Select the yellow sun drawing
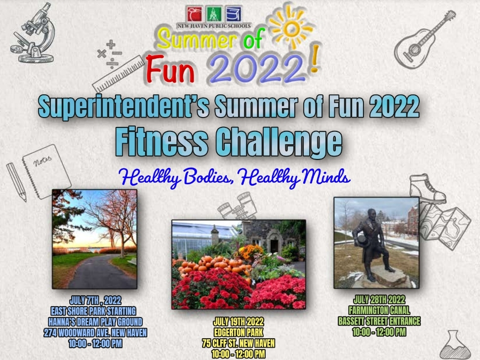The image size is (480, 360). pyautogui.click(x=291, y=28)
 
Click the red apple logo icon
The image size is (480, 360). pyautogui.click(x=194, y=14)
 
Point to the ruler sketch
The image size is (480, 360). pyautogui.click(x=118, y=74)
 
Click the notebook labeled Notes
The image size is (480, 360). pyautogui.click(x=46, y=171)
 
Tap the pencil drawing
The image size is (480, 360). pyautogui.click(x=16, y=182)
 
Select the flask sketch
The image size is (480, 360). pyautogui.click(x=455, y=345)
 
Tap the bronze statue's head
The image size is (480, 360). pyautogui.click(x=372, y=214)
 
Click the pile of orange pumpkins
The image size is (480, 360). pyautogui.click(x=214, y=265)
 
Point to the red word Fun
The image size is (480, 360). pyautogui.click(x=170, y=69)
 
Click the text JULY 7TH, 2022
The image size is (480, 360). pyautogui.click(x=95, y=300)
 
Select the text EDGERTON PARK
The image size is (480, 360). pyautogui.click(x=239, y=332)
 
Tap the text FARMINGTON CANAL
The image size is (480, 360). pyautogui.click(x=379, y=310)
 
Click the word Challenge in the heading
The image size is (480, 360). pyautogui.click(x=279, y=142)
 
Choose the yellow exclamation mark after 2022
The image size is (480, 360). pyautogui.click(x=315, y=59)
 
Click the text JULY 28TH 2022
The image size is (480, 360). pyautogui.click(x=379, y=299)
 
